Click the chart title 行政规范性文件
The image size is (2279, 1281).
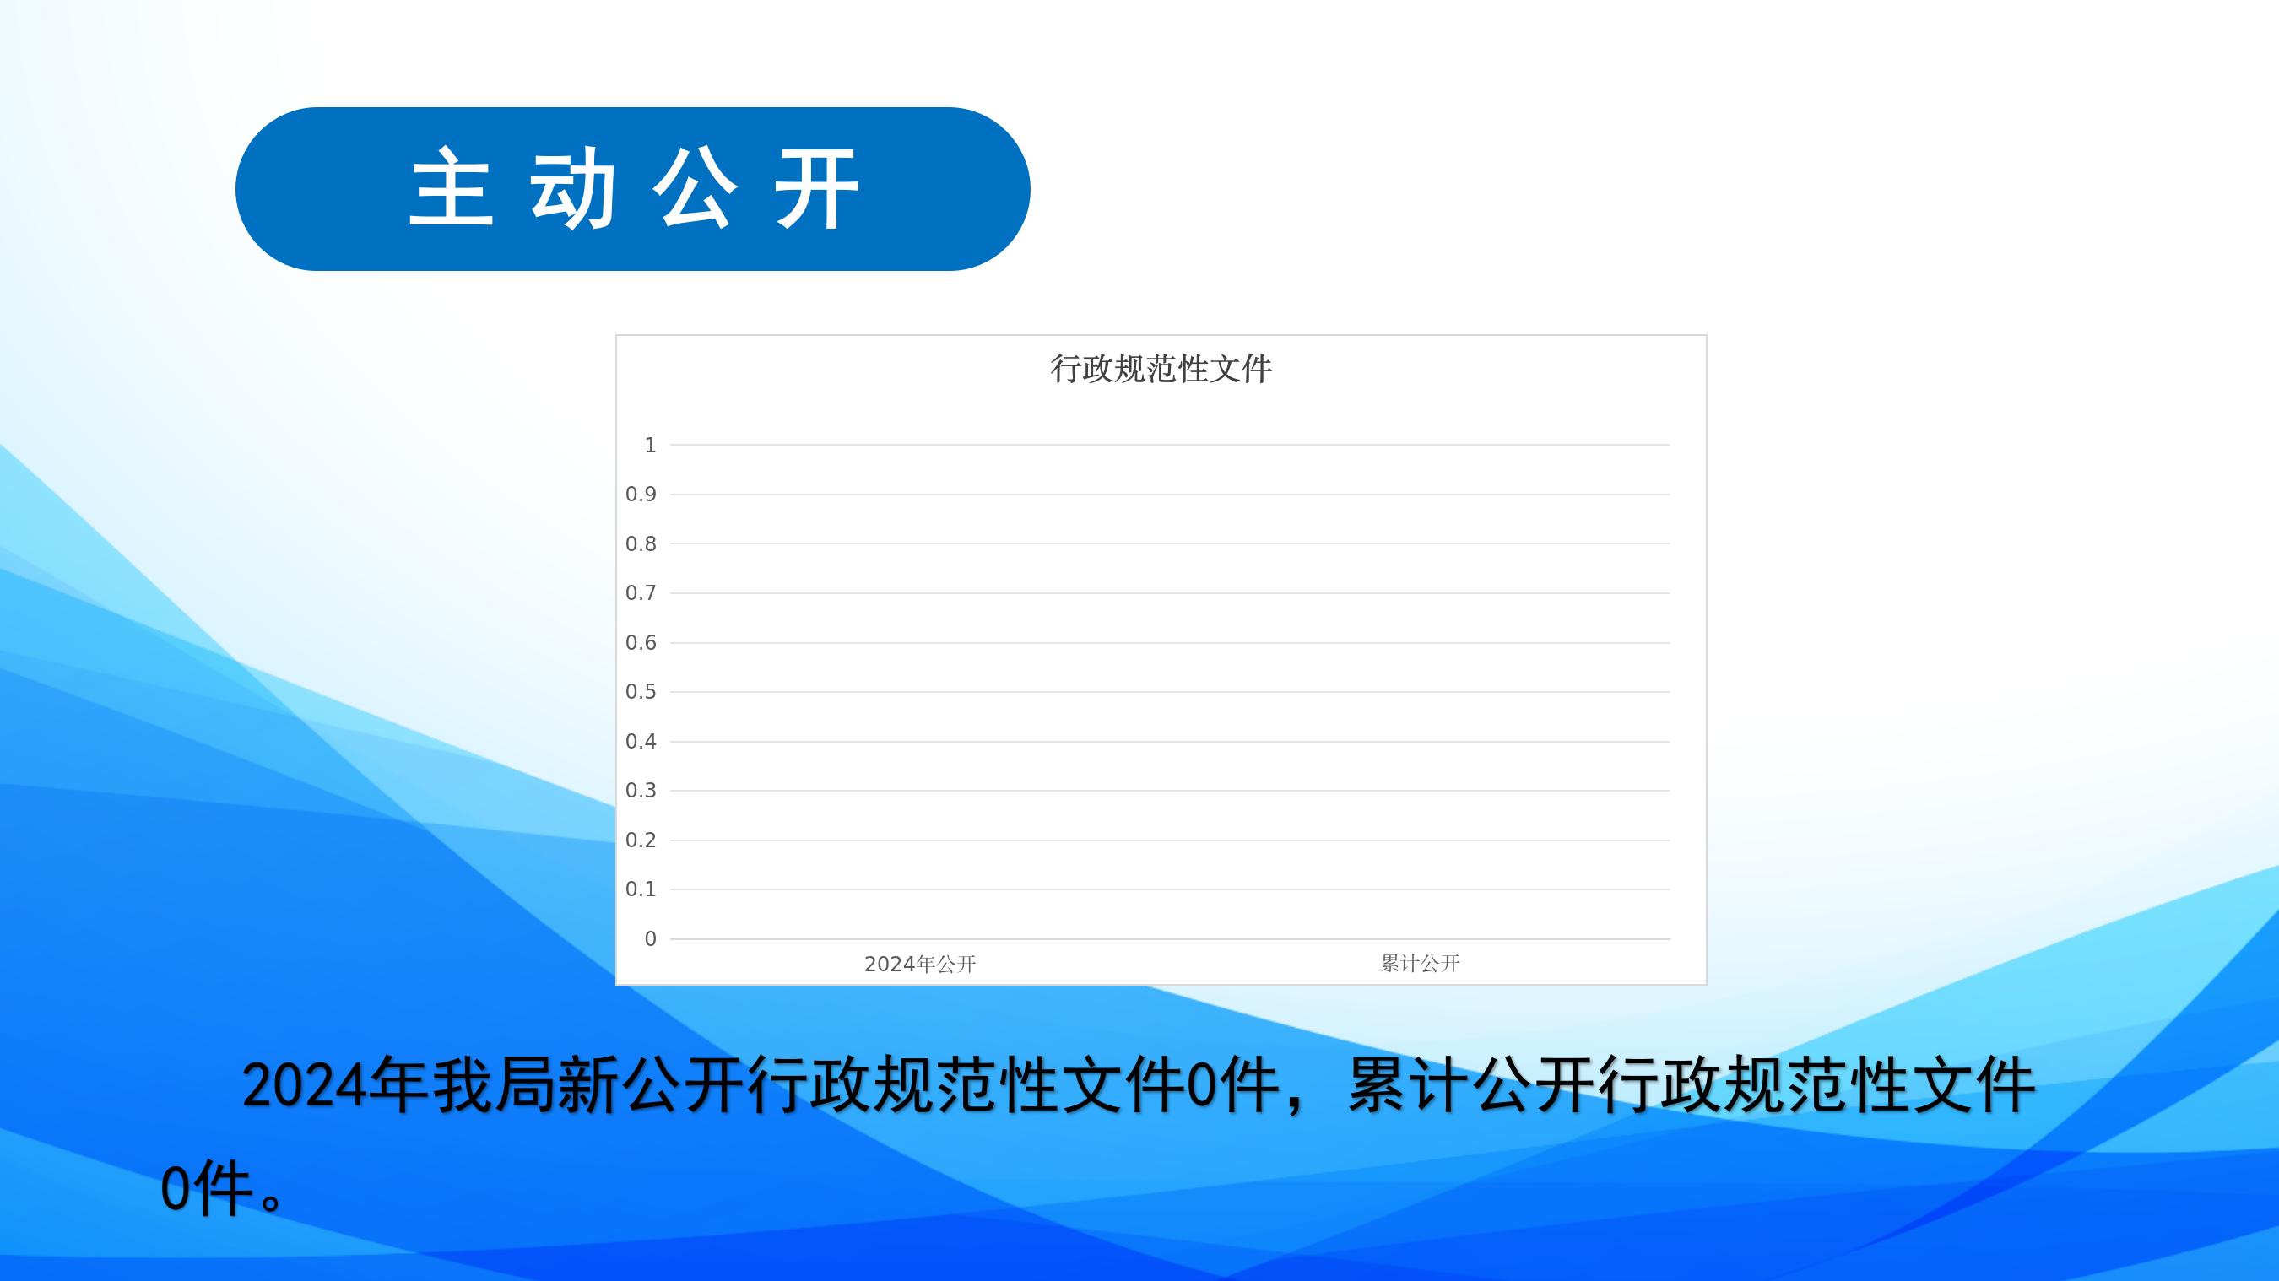click(1161, 369)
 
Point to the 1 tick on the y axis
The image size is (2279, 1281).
click(650, 445)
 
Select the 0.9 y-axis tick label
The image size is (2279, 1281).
click(641, 495)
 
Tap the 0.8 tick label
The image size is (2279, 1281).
click(641, 544)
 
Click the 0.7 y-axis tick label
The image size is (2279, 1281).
click(641, 592)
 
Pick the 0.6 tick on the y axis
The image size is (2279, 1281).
click(641, 642)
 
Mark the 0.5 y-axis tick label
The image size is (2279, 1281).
click(641, 692)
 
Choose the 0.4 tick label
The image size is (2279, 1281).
click(641, 742)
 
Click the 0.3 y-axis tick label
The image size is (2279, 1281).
click(641, 790)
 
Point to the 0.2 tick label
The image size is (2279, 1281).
click(641, 840)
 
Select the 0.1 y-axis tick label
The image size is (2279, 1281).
click(641, 889)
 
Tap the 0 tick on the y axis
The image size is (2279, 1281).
click(650, 938)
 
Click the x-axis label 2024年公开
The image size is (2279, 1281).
click(920, 965)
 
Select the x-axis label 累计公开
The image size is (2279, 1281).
click(1420, 964)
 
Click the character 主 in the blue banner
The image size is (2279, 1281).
click(452, 188)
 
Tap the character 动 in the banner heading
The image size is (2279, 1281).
click(573, 188)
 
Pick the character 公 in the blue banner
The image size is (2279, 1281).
click(696, 188)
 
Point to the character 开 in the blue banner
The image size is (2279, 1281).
click(817, 188)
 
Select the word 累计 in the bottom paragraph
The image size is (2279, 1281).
click(1409, 1085)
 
